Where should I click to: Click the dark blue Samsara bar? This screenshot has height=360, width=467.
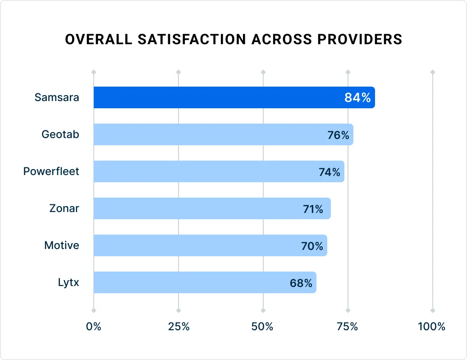pyautogui.click(x=216, y=97)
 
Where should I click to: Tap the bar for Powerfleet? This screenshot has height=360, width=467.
pyautogui.click(x=203, y=171)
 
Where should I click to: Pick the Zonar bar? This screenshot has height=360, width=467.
pyautogui.click(x=198, y=208)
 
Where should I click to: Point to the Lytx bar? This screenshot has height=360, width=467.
pyautogui.click(x=189, y=282)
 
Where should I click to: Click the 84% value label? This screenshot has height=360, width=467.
pyautogui.click(x=357, y=97)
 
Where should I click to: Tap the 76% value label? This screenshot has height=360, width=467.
pyautogui.click(x=338, y=135)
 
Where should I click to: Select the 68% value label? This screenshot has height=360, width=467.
pyautogui.click(x=301, y=283)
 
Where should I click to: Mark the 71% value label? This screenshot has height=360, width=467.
pyautogui.click(x=313, y=209)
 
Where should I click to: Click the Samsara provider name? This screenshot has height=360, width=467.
pyautogui.click(x=57, y=97)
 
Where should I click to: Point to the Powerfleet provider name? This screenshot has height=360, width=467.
pyautogui.click(x=51, y=171)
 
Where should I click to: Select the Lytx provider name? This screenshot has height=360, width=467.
pyautogui.click(x=68, y=282)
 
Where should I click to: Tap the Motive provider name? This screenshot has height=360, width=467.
pyautogui.click(x=61, y=245)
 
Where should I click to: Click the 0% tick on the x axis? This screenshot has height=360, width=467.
pyautogui.click(x=94, y=327)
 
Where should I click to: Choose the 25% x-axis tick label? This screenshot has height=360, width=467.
pyautogui.click(x=179, y=327)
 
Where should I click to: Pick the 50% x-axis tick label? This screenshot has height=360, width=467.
pyautogui.click(x=263, y=327)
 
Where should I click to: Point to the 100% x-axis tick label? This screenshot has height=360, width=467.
pyautogui.click(x=431, y=327)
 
